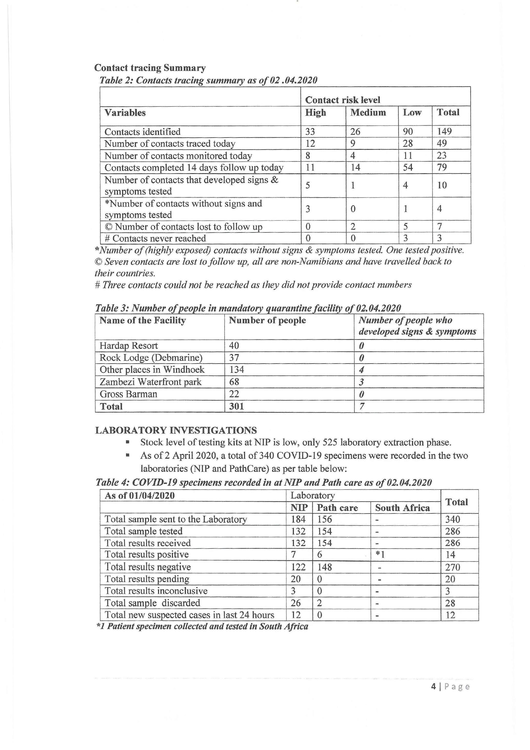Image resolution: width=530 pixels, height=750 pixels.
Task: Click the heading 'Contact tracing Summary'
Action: click(x=150, y=68)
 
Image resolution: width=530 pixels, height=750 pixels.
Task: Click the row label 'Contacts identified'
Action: click(x=142, y=132)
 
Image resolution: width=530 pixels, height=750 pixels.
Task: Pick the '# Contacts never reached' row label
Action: click(x=155, y=238)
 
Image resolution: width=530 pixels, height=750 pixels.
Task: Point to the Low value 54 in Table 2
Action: click(x=408, y=168)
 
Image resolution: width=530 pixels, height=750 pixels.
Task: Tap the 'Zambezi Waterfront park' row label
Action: click(x=151, y=382)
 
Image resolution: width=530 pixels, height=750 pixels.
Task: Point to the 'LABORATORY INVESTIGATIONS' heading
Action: click(x=176, y=430)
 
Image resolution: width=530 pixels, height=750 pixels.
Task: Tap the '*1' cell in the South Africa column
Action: click(x=380, y=555)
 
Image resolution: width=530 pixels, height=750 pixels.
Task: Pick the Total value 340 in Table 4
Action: click(x=452, y=519)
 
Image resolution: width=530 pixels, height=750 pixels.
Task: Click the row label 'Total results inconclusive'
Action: click(x=156, y=591)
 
